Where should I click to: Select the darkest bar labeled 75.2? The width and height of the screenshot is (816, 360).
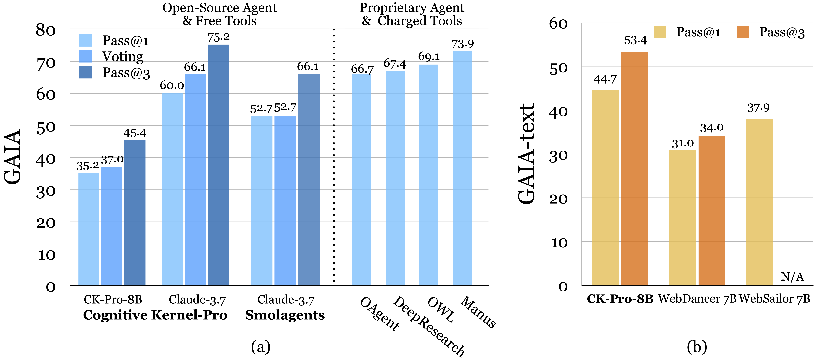click(219, 165)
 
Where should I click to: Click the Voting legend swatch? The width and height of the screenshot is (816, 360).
click(85, 56)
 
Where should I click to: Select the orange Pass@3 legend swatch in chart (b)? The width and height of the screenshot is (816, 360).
click(743, 32)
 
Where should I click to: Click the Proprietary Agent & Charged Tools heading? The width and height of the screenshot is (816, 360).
click(412, 14)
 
